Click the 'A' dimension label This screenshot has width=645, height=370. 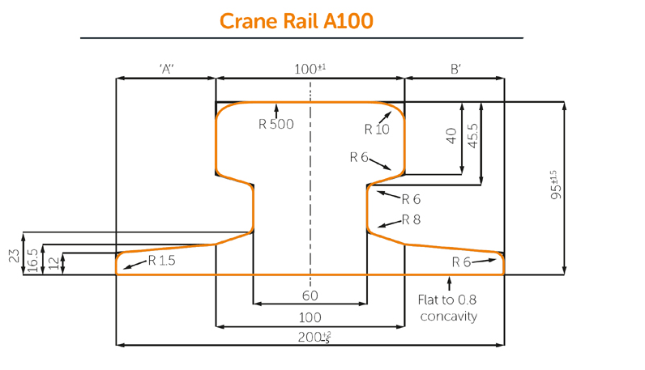167,70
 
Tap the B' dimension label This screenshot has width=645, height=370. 455,70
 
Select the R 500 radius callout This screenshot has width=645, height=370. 276,124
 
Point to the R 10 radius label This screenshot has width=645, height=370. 377,129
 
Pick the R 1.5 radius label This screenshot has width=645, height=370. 161,261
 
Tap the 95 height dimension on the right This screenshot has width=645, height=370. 555,185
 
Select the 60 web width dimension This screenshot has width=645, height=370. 310,296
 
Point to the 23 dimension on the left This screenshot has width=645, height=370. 14,256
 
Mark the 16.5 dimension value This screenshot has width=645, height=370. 32,260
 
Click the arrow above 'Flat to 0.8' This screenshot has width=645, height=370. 450,283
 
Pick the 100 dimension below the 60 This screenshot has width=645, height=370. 310,317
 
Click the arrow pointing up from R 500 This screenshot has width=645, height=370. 276,109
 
